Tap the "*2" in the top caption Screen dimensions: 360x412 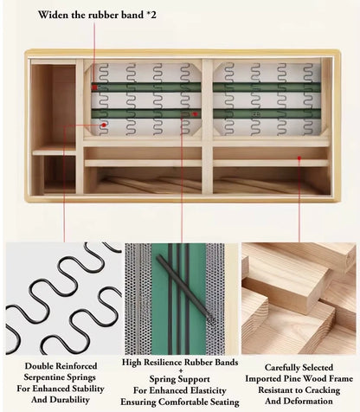coord(151,15)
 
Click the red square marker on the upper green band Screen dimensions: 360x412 coord(94,87)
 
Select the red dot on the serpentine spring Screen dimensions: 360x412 coord(104,125)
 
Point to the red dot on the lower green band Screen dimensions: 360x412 coord(195,114)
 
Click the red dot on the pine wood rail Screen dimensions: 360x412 coord(299,158)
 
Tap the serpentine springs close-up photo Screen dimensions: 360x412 coord(64,299)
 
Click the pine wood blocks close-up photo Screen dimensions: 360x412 coord(299,298)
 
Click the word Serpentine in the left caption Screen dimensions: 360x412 coord(44,377)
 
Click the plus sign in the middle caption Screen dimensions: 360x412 coord(181,370)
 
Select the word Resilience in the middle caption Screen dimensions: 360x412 coord(164,362)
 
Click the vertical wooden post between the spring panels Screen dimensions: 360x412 coord(207,126)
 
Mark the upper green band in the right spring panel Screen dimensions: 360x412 coord(267,87)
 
